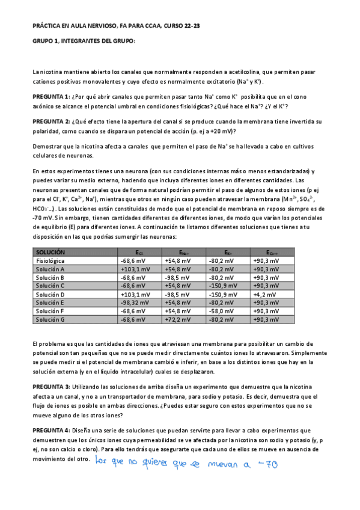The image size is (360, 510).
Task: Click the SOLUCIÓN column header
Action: [x=50, y=253]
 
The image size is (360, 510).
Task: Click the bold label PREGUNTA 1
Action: [x=51, y=97]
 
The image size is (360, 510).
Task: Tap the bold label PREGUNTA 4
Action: [x=51, y=430]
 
